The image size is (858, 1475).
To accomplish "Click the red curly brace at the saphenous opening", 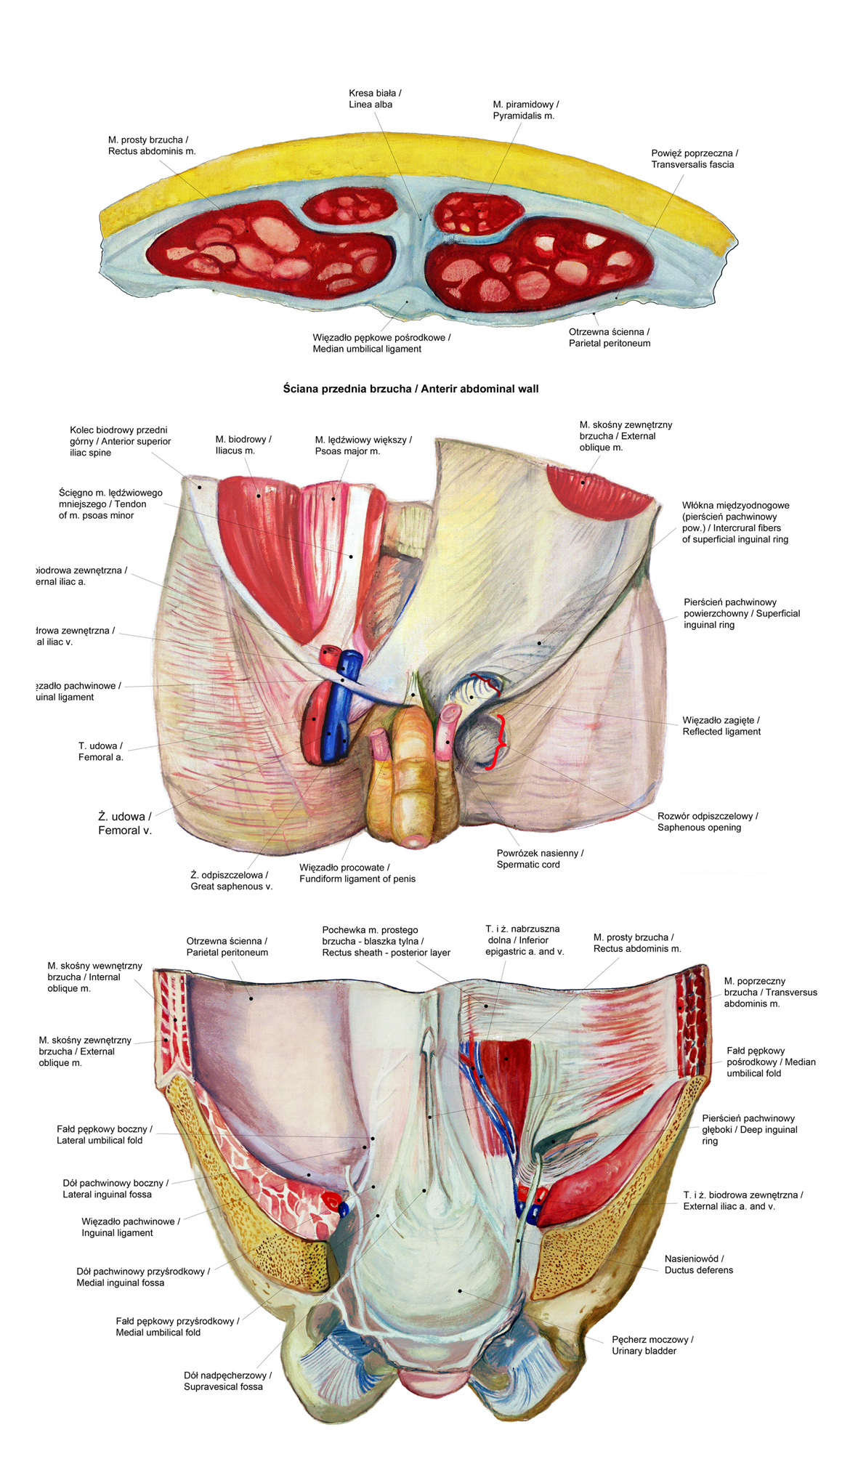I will tap(501, 741).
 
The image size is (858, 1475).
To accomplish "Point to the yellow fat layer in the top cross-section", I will tap(407, 160).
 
